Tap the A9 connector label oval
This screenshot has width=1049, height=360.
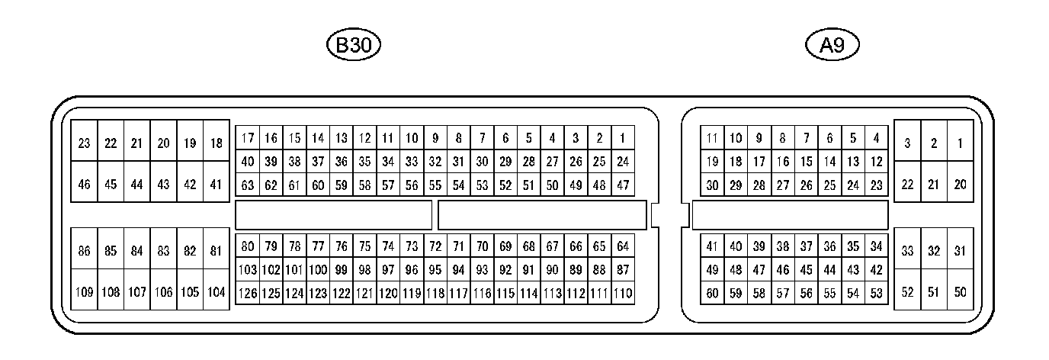pyautogui.click(x=832, y=46)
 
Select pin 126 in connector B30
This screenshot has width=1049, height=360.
pyautogui.click(x=247, y=294)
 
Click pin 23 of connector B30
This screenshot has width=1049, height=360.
pyautogui.click(x=84, y=143)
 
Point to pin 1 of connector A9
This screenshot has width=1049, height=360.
pyautogui.click(x=960, y=143)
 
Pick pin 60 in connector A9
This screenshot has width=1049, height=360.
pyautogui.click(x=712, y=293)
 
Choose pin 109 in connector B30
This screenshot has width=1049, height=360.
pyautogui.click(x=84, y=291)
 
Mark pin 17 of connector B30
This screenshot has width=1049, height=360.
pyautogui.click(x=247, y=138)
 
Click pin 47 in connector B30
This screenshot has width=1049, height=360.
pyautogui.click(x=623, y=185)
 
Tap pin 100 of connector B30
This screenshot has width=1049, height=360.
pyautogui.click(x=318, y=270)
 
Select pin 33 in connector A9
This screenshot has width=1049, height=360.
pyautogui.click(x=907, y=251)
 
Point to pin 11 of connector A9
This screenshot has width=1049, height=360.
pyautogui.click(x=712, y=138)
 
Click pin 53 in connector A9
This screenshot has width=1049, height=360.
pyautogui.click(x=876, y=293)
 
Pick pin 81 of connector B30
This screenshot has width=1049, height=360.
pyautogui.click(x=216, y=250)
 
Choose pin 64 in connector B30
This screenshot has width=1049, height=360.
pyautogui.click(x=623, y=246)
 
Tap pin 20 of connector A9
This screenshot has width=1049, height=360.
pyautogui.click(x=960, y=185)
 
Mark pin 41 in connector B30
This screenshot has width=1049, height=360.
pyautogui.click(x=216, y=185)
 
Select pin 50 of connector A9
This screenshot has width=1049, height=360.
pyautogui.click(x=960, y=291)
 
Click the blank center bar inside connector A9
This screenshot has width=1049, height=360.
pyautogui.click(x=790, y=215)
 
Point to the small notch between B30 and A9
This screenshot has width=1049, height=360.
pyautogui.click(x=656, y=215)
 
